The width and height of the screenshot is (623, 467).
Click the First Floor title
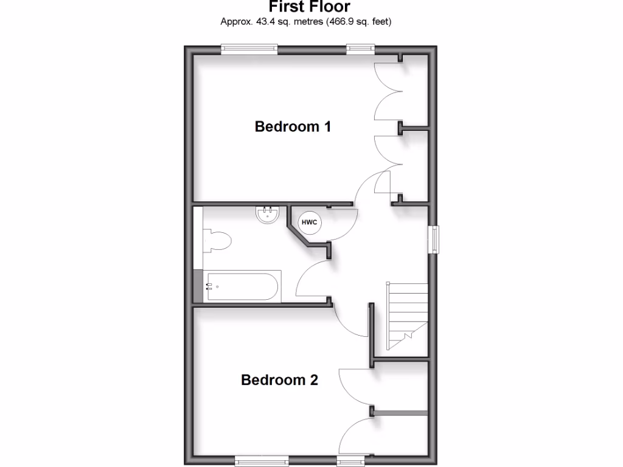[310, 7]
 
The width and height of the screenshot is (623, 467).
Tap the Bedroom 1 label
[293, 126]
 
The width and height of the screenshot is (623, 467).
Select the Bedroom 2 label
[279, 380]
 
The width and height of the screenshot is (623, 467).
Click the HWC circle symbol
[309, 223]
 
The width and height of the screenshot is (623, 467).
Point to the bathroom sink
[267, 215]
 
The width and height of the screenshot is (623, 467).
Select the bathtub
[243, 286]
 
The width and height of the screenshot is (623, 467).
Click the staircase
[406, 316]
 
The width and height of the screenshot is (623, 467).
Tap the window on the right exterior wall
[434, 239]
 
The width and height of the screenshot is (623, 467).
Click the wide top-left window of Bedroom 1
[249, 49]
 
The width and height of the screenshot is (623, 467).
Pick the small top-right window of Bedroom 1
[360, 49]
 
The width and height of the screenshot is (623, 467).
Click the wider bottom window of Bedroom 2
[262, 462]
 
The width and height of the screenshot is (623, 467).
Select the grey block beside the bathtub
[197, 286]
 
